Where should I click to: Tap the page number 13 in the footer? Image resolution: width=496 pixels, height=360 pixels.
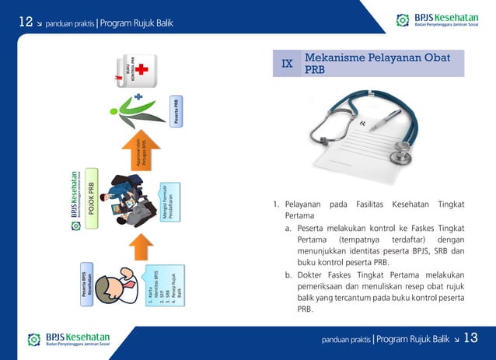471,338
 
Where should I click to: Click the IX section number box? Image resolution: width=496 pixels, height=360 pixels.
287,64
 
